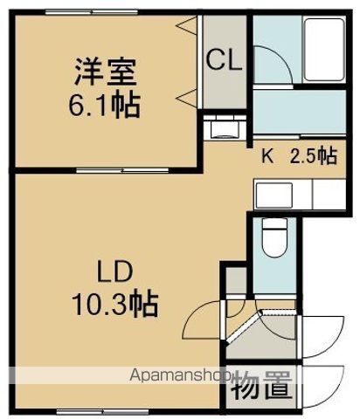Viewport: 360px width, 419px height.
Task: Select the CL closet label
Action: (225, 61)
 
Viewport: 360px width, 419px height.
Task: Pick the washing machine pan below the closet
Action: (225, 128)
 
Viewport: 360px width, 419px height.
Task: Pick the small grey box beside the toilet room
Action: (234, 282)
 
